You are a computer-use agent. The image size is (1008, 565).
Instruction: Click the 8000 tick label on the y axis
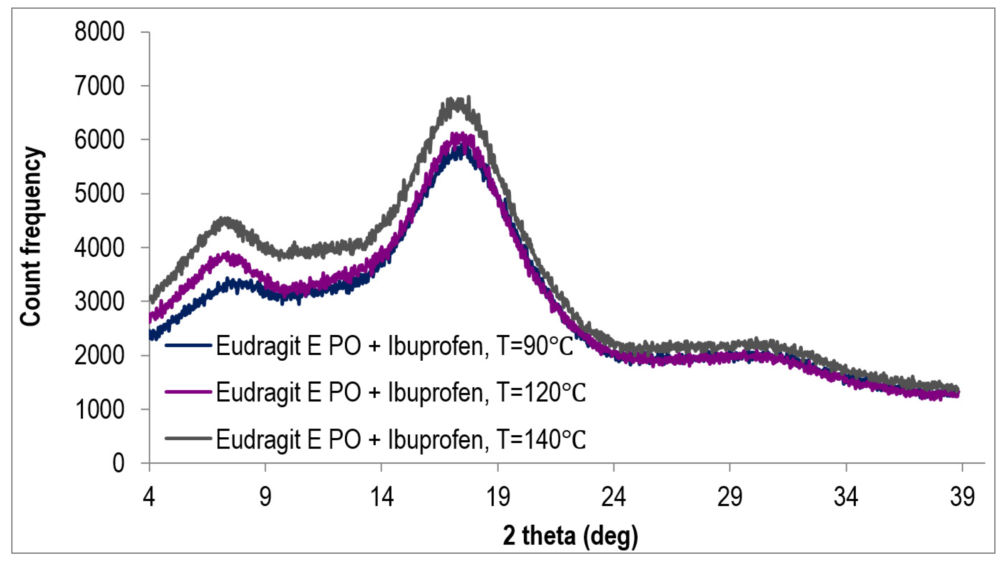[x=99, y=32]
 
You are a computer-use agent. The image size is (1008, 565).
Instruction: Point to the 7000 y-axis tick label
[x=99, y=86]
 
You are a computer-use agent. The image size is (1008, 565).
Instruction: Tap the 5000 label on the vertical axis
[x=99, y=193]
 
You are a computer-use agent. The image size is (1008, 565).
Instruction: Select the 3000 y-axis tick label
[x=99, y=301]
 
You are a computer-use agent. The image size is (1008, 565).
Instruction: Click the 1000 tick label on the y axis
[x=99, y=409]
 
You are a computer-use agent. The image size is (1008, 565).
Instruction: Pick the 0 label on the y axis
[x=118, y=463]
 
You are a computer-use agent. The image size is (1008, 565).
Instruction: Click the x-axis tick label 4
[x=149, y=496]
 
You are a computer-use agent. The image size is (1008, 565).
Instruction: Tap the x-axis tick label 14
[x=381, y=496]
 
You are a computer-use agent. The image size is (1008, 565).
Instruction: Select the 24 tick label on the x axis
[x=614, y=496]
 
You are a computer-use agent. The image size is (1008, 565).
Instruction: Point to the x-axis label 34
[x=846, y=496]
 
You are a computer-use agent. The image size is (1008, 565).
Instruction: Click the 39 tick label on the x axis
[x=962, y=496]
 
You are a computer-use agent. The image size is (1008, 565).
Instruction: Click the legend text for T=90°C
[x=394, y=345]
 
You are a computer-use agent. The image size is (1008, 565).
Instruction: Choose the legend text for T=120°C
[x=401, y=392]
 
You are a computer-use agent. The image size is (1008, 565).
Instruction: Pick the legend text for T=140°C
[x=401, y=439]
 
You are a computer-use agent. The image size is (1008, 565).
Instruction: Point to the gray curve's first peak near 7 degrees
[x=225, y=219]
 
